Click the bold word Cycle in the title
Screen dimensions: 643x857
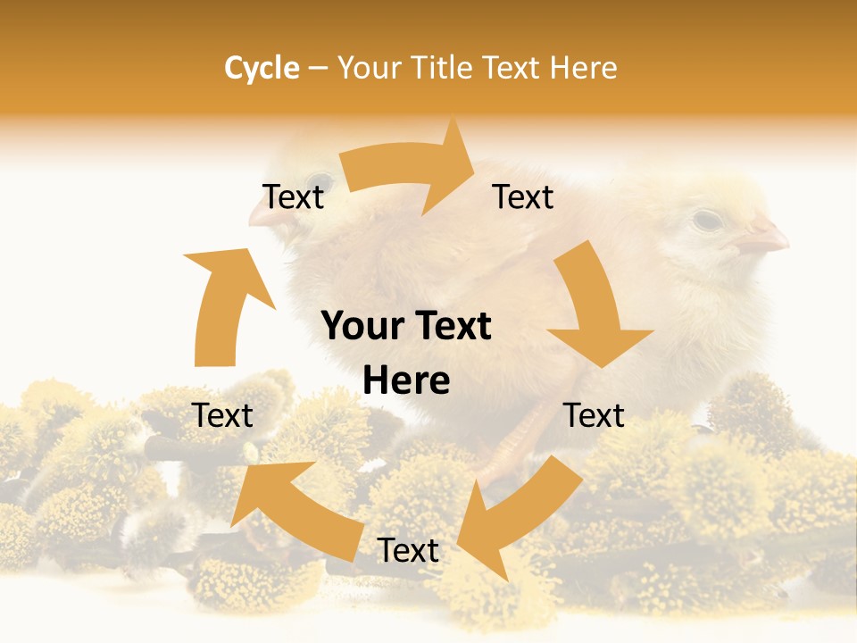pyautogui.click(x=262, y=68)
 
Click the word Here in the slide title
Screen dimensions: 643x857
pyautogui.click(x=586, y=68)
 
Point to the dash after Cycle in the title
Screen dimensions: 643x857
pyautogui.click(x=317, y=69)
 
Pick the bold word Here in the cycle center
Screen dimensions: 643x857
pyautogui.click(x=406, y=381)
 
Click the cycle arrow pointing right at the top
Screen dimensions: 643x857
pyautogui.click(x=411, y=170)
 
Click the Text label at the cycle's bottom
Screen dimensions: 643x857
pyautogui.click(x=408, y=551)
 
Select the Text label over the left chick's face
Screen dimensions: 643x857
pyautogui.click(x=293, y=196)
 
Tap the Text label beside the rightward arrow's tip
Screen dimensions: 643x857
pyautogui.click(x=523, y=196)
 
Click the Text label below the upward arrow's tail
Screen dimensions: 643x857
pyautogui.click(x=223, y=415)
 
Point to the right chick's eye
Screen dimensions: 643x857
pyautogui.click(x=707, y=219)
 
